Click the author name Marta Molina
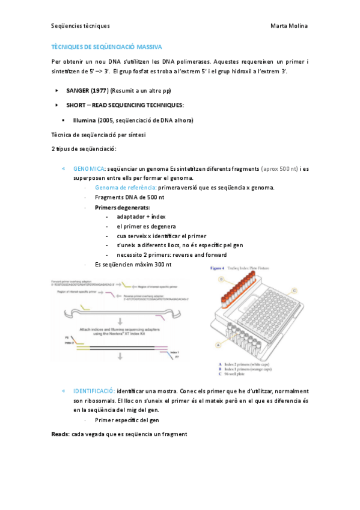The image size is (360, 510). coord(290,26)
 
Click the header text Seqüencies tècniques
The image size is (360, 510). coord(81,26)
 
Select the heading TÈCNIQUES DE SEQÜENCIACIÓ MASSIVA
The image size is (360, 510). coord(106,46)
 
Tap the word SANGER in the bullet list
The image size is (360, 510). coord(78,90)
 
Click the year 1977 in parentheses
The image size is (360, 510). coord(99,90)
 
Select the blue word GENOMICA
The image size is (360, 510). coord(89,169)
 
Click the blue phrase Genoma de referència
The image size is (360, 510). coord(126,188)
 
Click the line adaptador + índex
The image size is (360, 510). coord(141,216)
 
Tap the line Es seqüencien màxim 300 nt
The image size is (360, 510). coord(133,264)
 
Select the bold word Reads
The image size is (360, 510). coord(60,434)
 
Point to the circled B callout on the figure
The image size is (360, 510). coord(221,280)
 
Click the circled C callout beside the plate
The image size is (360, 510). coord(293,289)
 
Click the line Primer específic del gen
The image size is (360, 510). coord(127,420)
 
